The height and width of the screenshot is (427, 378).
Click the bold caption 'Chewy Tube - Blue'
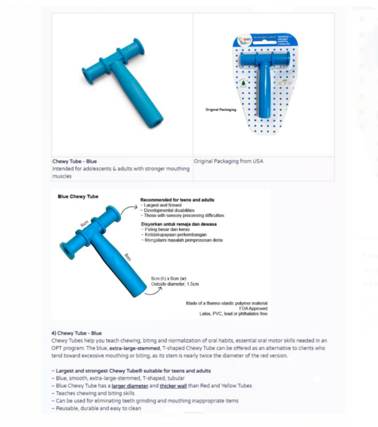coord(74,161)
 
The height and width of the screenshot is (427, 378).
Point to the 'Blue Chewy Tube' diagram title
coord(77,196)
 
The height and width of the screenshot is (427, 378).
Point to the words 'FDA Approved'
coord(253,308)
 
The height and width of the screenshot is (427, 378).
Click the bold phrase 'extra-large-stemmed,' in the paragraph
coord(134,348)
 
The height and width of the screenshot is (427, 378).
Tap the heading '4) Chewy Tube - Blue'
coord(76,332)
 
